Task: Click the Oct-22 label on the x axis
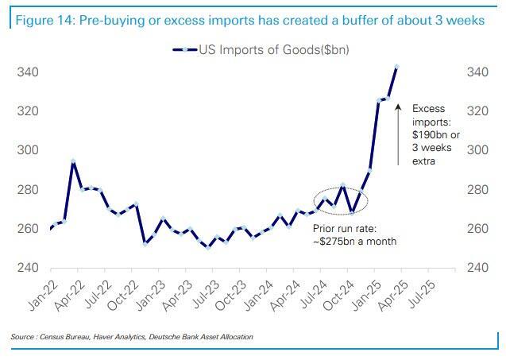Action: [124, 292]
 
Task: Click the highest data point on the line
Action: [396, 68]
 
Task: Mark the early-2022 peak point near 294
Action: [73, 161]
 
